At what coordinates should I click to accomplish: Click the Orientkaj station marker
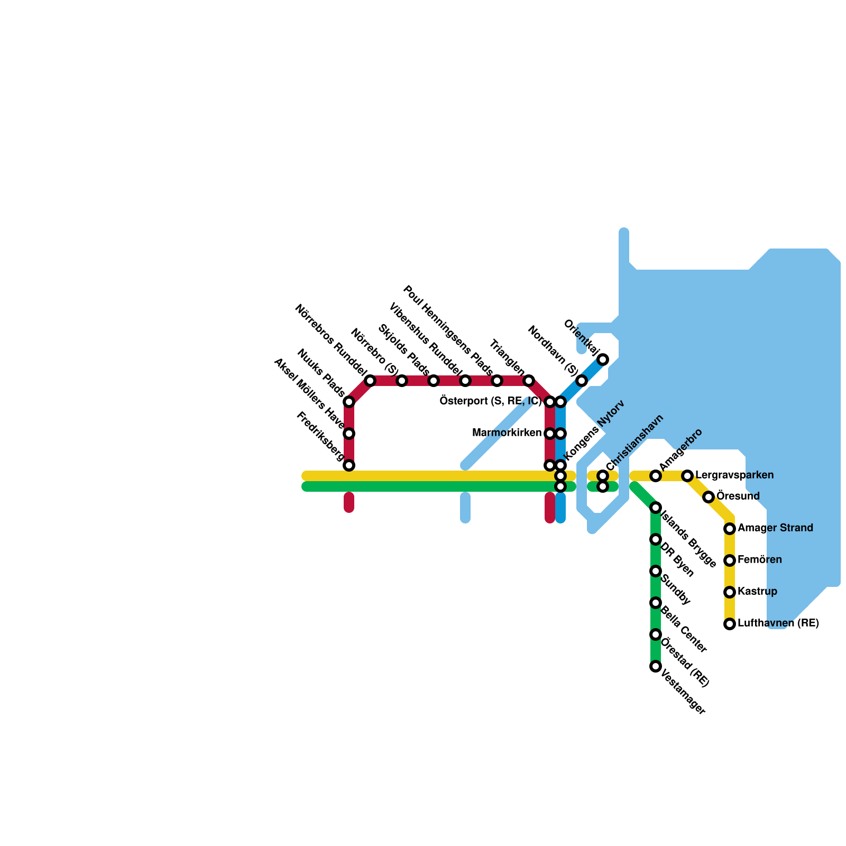click(x=603, y=360)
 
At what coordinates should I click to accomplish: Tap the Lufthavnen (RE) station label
click(x=778, y=623)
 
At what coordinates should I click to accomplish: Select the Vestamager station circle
click(x=656, y=666)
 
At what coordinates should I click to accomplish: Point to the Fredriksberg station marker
click(x=349, y=465)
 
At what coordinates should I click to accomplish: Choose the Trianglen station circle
click(x=529, y=381)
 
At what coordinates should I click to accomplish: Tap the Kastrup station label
click(x=757, y=592)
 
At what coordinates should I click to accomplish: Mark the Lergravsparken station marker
click(x=687, y=476)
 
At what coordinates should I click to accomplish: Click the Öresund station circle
click(x=709, y=497)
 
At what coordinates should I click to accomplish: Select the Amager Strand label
click(x=775, y=528)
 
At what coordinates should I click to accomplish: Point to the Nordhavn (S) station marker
click(x=582, y=381)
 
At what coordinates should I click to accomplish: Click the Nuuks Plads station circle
click(x=349, y=402)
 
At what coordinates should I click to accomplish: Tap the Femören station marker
click(x=730, y=560)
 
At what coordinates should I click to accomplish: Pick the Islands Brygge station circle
click(x=656, y=508)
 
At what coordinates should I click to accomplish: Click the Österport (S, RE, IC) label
click(x=490, y=401)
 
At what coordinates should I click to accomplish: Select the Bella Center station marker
click(x=656, y=603)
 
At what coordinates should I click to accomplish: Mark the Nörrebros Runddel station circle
click(x=370, y=381)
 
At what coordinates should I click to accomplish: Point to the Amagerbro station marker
click(x=656, y=476)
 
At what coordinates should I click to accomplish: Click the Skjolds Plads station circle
click(x=434, y=381)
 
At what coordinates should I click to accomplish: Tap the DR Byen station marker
click(x=656, y=539)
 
